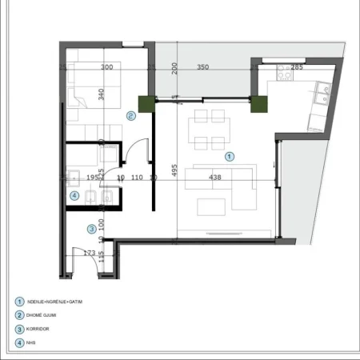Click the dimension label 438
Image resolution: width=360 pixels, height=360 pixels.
(214, 178)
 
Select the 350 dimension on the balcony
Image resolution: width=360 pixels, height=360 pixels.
(202, 68)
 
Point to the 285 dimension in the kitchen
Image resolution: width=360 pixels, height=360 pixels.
(297, 68)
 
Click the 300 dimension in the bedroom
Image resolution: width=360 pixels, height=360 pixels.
(106, 68)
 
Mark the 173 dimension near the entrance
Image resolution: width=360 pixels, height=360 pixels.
(90, 253)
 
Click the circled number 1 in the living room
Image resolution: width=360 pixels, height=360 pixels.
(230, 156)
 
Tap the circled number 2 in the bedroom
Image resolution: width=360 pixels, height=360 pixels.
(131, 116)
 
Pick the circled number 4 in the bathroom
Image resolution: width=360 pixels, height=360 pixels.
(74, 194)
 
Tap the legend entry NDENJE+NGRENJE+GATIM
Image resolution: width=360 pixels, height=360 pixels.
(54, 302)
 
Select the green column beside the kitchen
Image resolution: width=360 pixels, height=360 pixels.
(258, 103)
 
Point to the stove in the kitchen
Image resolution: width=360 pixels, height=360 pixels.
(284, 74)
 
